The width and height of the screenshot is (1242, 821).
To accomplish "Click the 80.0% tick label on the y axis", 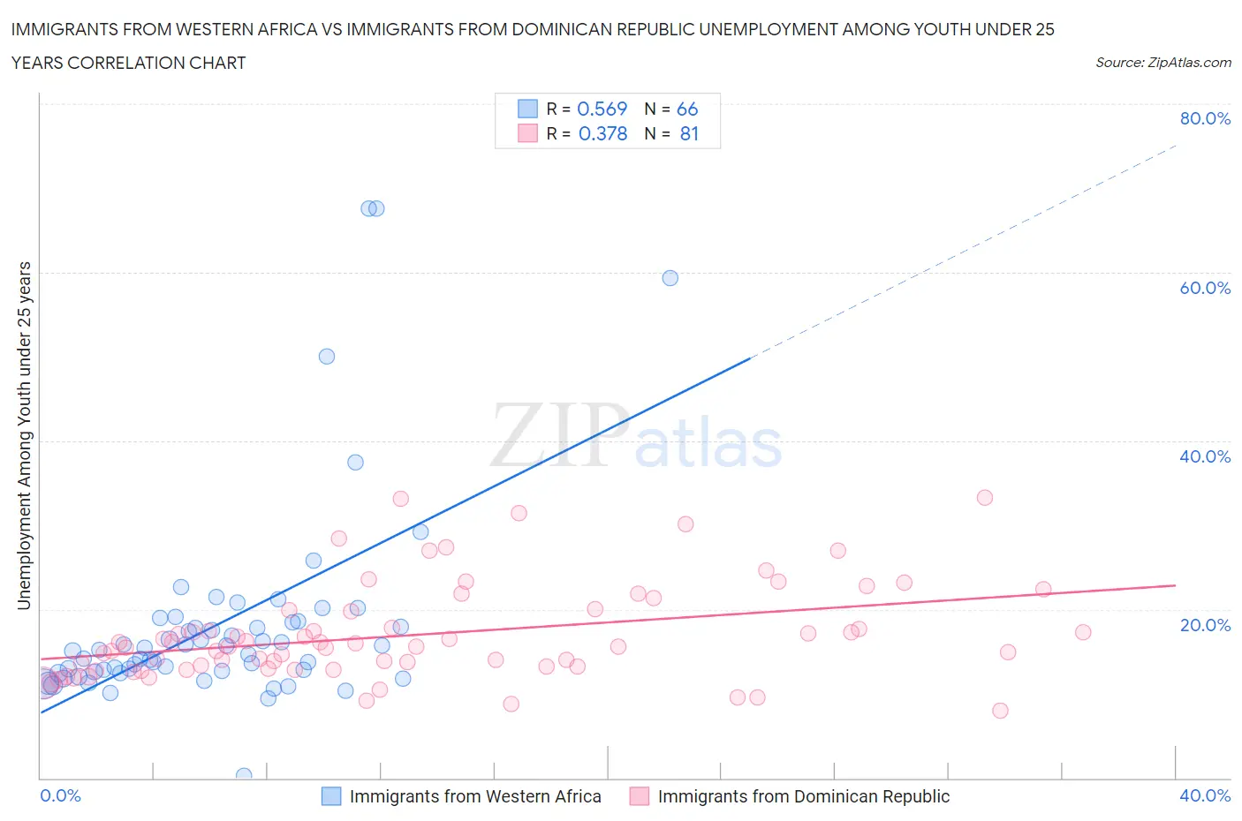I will pyautogui.click(x=1205, y=118).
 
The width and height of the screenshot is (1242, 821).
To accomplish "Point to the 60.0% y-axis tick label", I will pyautogui.click(x=1205, y=288).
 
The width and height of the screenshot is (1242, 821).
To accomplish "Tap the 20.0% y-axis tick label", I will pyautogui.click(x=1205, y=625).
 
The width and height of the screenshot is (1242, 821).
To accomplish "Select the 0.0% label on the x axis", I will pyautogui.click(x=60, y=795).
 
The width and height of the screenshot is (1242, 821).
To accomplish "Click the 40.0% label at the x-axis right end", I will pyautogui.click(x=1205, y=795).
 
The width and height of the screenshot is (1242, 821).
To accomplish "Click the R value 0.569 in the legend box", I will pyautogui.click(x=602, y=109).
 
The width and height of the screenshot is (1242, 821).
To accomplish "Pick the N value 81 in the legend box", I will pyautogui.click(x=689, y=133).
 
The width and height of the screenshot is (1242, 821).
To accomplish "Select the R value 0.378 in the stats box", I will pyautogui.click(x=602, y=133).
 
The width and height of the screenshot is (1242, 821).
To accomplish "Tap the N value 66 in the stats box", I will pyautogui.click(x=687, y=109).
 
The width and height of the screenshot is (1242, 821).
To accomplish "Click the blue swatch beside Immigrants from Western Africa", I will pyautogui.click(x=331, y=796).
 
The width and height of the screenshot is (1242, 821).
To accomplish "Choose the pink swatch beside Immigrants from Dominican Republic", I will pyautogui.click(x=639, y=796).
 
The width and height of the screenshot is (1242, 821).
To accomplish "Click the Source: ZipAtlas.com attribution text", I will pyautogui.click(x=1162, y=62).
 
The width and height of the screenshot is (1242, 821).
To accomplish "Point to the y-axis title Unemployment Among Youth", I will pyautogui.click(x=24, y=435).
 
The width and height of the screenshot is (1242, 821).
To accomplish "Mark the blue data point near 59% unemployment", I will pyautogui.click(x=670, y=278).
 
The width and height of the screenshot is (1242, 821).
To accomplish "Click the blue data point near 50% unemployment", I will pyautogui.click(x=327, y=357).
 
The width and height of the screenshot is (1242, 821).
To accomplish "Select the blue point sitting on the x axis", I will pyautogui.click(x=244, y=775).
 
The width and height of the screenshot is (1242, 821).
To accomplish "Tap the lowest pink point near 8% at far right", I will pyautogui.click(x=1000, y=711).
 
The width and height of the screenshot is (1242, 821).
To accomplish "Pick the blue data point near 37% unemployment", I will pyautogui.click(x=355, y=463).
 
